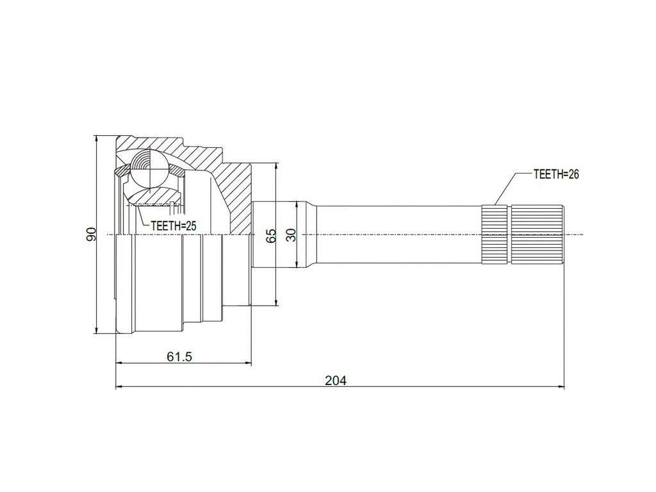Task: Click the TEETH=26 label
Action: tap(555, 174)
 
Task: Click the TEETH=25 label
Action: tap(173, 225)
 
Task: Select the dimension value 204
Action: tap(335, 381)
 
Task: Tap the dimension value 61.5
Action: tap(179, 357)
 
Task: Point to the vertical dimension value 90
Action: tap(91, 234)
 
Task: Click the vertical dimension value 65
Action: tap(271, 235)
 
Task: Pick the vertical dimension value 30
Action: tap(292, 235)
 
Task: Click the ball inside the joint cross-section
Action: tap(149, 168)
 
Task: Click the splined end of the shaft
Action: tap(522, 234)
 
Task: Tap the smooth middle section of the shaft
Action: tap(397, 234)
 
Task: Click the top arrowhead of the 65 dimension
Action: tap(276, 165)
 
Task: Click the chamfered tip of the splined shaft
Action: tap(563, 234)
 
